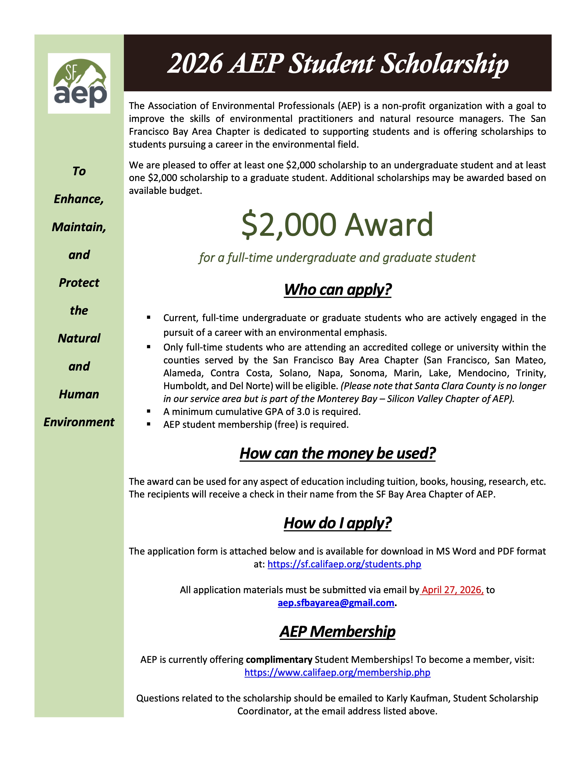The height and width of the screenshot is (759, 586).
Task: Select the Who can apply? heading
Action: coord(337,290)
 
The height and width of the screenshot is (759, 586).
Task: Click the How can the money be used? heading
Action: coord(337,454)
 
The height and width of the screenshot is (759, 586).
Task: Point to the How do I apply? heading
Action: coord(337,523)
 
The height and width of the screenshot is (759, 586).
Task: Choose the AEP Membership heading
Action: coord(337,631)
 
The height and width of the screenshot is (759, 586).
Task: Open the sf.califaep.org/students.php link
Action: coord(344,564)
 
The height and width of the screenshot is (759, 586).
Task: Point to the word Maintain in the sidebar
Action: coord(79,227)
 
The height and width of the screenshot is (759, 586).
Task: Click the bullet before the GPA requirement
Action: coord(149,411)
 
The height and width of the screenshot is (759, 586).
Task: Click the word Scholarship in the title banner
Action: coord(444,64)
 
